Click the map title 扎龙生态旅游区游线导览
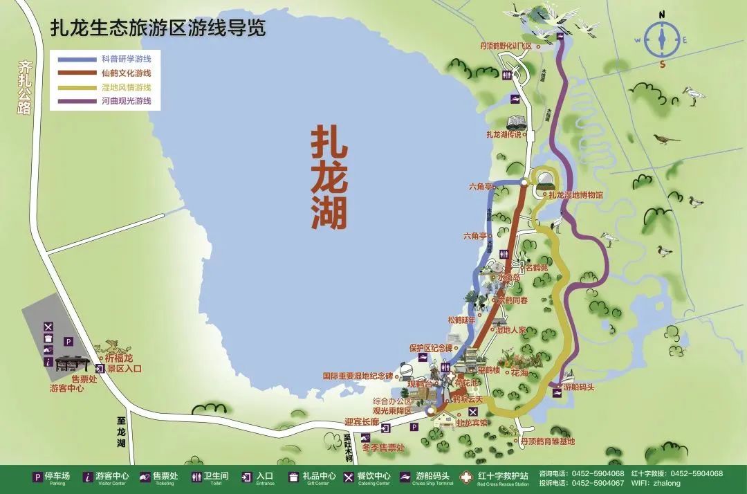click(158, 28)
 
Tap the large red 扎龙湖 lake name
click(329, 177)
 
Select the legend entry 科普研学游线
click(126, 59)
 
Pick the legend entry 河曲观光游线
click(126, 101)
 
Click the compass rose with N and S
click(662, 39)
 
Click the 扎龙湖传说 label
click(504, 134)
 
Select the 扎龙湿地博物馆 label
click(573, 195)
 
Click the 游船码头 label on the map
click(578, 387)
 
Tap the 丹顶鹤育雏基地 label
click(547, 441)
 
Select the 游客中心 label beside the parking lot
click(66, 389)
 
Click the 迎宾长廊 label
click(362, 422)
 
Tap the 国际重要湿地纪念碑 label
click(358, 376)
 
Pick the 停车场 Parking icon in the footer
click(37, 477)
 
